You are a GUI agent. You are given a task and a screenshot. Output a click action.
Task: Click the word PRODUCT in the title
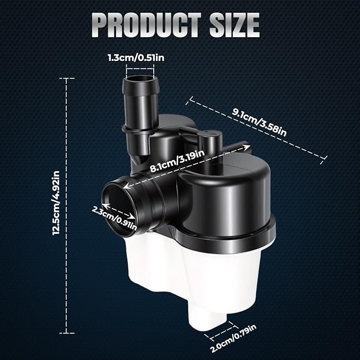pos(146,25)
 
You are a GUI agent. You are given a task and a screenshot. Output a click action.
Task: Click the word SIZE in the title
pos(234,25)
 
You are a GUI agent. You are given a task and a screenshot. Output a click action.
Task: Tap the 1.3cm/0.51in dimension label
pos(136,58)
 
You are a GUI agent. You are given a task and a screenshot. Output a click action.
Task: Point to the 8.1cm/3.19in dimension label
pos(177,161)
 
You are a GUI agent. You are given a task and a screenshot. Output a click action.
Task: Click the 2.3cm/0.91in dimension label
pos(114,218)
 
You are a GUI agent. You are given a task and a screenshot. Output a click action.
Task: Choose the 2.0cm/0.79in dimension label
pos(233,338)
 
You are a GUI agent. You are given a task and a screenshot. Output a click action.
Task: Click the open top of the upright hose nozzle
pos(141,80)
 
